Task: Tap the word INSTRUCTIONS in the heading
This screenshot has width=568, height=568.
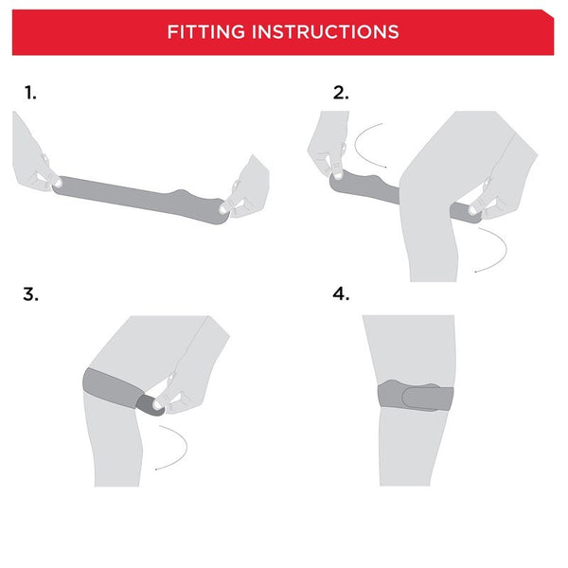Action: tap(325, 31)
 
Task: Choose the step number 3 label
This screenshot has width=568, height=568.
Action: tap(31, 293)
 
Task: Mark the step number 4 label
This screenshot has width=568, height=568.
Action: tap(341, 293)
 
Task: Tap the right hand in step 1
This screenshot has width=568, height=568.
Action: tap(248, 189)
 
